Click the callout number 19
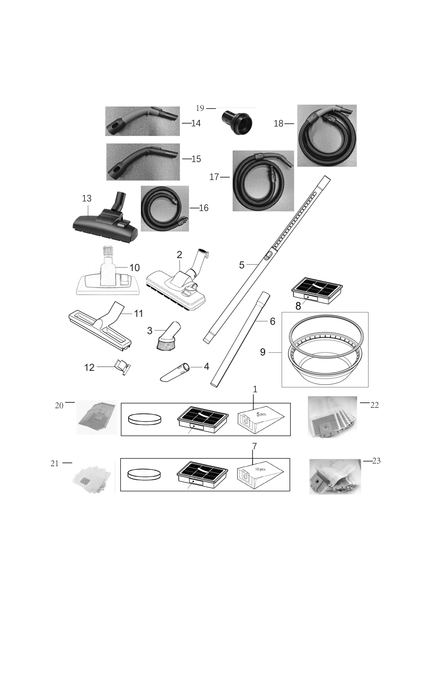pos(200,108)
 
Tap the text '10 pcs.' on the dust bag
pos(260,469)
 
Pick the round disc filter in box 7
pos(145,475)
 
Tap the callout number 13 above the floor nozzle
pos(87,198)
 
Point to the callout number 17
pos(214,177)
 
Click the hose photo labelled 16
pos(165,209)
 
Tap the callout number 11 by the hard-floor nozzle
pos(139,313)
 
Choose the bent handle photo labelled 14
pos(143,121)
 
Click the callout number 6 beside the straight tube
pos(273,321)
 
